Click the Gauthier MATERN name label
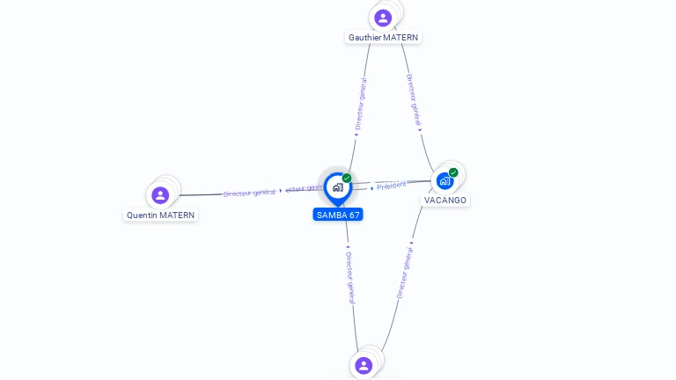pos(383,38)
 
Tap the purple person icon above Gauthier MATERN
pos(383,17)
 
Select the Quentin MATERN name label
pos(160,215)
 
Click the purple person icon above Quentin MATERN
pos(160,194)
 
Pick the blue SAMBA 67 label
pos(337,215)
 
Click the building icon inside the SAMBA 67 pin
pos(337,187)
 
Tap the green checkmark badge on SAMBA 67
pos(347,178)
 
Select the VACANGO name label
pos(445,201)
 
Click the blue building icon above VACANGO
pos(445,181)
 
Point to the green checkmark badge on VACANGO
pos(453,172)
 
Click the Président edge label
pos(392,185)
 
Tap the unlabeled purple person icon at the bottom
pos(364,365)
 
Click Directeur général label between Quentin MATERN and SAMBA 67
pos(249,192)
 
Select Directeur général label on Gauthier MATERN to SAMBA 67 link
pos(361,104)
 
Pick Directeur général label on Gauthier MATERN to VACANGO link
pos(414,98)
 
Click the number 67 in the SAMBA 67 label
pos(353,215)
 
